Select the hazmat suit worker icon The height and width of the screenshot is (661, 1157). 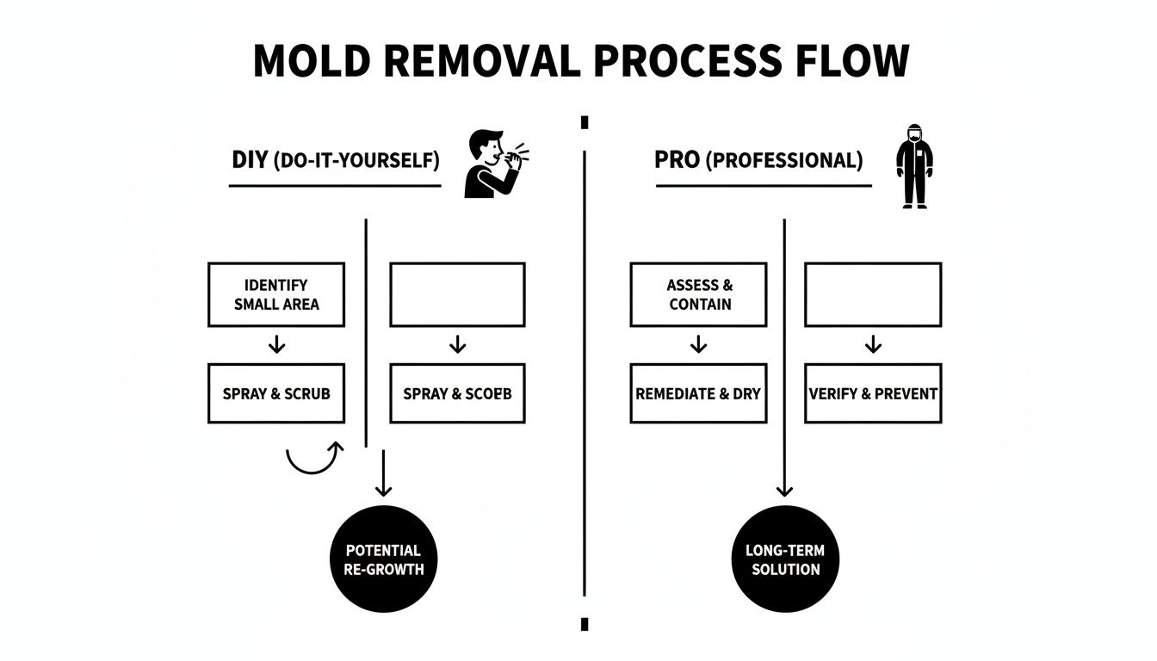pos(914,166)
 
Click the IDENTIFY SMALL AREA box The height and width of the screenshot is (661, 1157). pos(276,294)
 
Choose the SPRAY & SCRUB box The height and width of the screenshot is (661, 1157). pos(276,393)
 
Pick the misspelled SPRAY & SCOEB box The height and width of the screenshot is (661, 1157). pos(457,393)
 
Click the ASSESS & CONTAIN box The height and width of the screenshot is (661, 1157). pos(698,294)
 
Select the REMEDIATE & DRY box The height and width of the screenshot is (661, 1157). pos(698,393)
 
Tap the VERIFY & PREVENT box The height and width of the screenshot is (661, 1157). pos(873,393)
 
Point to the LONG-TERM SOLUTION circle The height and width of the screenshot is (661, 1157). pos(784,559)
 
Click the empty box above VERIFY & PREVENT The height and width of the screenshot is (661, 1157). pos(873,294)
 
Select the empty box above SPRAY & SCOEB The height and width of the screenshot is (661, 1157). pos(457,294)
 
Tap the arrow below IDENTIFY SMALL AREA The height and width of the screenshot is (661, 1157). pos(276,345)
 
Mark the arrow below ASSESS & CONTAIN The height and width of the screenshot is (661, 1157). pos(698,345)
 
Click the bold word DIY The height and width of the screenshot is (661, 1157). pos(251,160)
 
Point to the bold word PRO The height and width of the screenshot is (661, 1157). pos(677,160)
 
